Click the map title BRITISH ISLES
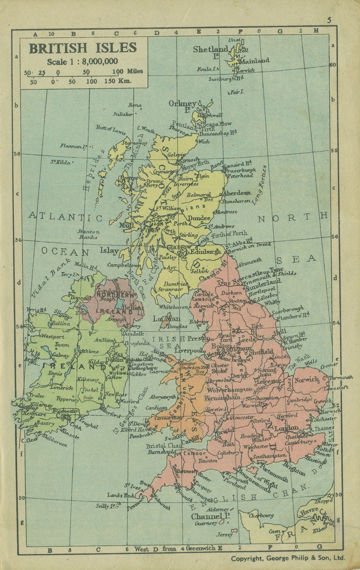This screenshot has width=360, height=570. (83, 48)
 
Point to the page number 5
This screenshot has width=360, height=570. (329, 20)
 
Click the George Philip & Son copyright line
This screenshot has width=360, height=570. (288, 558)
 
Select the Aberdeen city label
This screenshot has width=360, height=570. (236, 193)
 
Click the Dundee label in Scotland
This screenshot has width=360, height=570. (199, 218)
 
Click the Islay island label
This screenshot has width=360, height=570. (109, 251)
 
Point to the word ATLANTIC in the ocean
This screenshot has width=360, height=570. (65, 217)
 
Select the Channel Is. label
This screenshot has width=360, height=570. (207, 517)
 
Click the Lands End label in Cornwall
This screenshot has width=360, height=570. (121, 495)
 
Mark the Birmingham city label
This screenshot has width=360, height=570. (222, 397)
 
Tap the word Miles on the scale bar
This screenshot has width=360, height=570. (135, 71)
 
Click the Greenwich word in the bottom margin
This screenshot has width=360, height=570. (200, 548)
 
